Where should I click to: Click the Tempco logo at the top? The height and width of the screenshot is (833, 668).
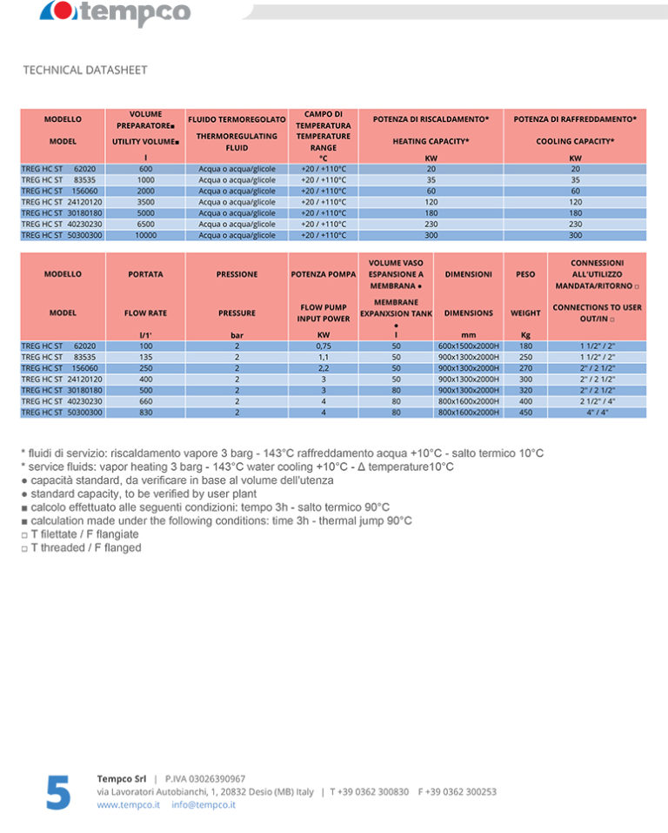click(x=116, y=12)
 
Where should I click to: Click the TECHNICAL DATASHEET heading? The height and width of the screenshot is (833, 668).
click(x=85, y=70)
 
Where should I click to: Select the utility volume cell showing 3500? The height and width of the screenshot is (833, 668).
click(x=145, y=202)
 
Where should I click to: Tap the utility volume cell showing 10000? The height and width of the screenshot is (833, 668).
click(x=145, y=235)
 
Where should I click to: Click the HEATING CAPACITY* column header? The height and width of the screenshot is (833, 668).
click(x=431, y=141)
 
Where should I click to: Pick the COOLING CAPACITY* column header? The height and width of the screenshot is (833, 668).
click(x=575, y=141)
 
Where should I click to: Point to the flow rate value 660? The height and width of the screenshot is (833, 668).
click(x=145, y=401)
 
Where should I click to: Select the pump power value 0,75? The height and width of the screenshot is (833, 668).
click(x=323, y=346)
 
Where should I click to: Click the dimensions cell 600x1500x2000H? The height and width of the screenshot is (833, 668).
click(x=468, y=346)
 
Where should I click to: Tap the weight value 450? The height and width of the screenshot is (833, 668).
click(x=525, y=413)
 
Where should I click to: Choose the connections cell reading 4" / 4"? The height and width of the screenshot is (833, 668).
click(x=597, y=413)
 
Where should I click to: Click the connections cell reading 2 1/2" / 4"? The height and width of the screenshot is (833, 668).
click(x=597, y=401)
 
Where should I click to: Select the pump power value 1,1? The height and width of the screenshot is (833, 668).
click(x=323, y=357)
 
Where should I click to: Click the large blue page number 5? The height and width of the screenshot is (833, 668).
click(x=57, y=791)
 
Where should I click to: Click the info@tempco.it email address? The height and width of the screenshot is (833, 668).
click(x=204, y=805)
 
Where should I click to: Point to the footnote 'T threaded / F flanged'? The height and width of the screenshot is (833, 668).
click(x=85, y=547)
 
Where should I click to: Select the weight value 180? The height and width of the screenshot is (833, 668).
click(x=525, y=346)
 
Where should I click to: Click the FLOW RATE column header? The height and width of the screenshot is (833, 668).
click(x=145, y=312)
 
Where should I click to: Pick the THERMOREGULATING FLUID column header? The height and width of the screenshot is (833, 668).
click(x=237, y=142)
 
